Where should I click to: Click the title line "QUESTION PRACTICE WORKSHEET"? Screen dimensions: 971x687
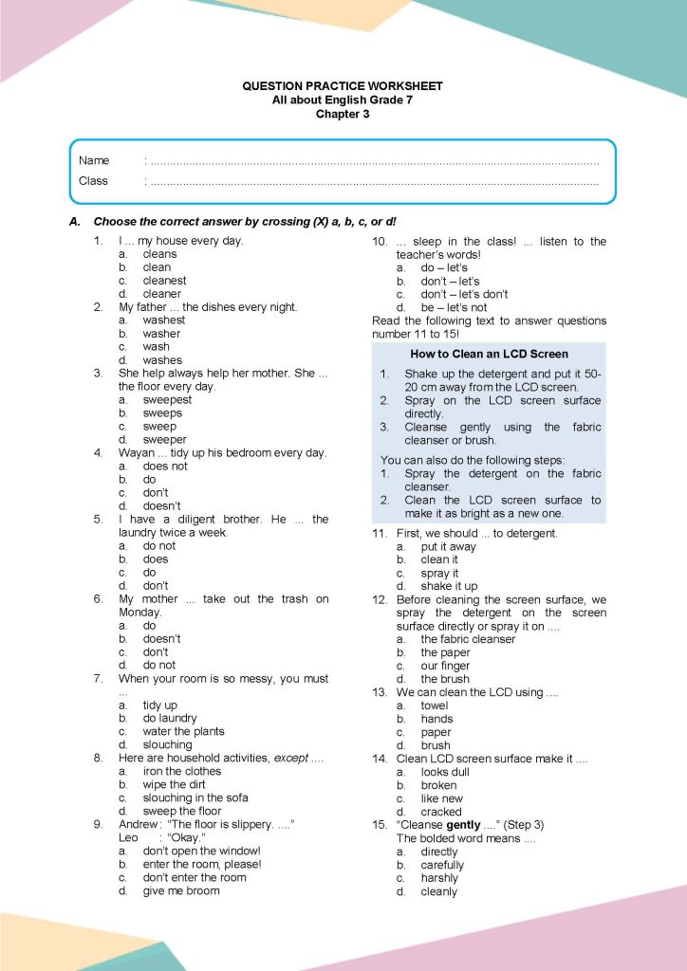point(343,86)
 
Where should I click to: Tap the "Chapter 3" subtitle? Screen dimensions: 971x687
point(343,114)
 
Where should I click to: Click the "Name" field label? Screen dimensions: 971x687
point(94,160)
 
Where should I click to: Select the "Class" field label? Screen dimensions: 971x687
point(93,180)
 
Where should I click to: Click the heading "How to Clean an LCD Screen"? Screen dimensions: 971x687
point(489,354)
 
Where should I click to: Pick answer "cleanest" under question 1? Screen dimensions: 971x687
point(164,281)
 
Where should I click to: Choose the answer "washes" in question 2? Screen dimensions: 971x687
point(162,360)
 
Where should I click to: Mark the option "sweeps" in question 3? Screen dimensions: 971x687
point(162,413)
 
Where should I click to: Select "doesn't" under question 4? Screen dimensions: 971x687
point(161,506)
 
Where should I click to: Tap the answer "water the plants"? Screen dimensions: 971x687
point(183,731)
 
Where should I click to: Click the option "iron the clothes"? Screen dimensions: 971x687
point(181,771)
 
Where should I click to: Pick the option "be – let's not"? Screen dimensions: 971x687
point(454,307)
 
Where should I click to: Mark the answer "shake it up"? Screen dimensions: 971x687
point(449,586)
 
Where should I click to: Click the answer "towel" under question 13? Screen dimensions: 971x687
point(435,705)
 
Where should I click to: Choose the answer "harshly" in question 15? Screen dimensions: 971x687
point(439,878)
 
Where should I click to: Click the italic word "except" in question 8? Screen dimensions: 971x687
point(290,758)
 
